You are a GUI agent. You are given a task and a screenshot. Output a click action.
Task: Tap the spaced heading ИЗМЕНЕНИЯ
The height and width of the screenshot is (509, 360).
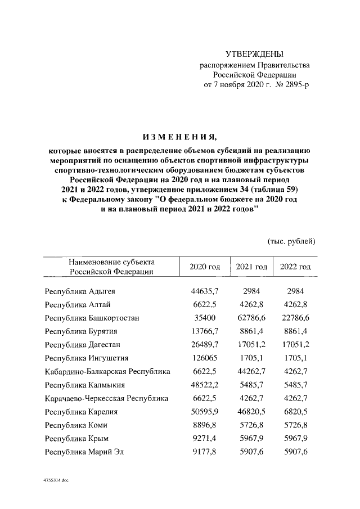tap(179, 137)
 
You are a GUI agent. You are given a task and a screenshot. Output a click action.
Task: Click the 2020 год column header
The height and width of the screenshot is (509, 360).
tap(205, 267)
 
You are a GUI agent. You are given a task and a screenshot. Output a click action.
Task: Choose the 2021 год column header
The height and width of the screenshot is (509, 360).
tap(251, 267)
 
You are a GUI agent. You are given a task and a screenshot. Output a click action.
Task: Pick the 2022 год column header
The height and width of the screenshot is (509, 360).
tap(295, 267)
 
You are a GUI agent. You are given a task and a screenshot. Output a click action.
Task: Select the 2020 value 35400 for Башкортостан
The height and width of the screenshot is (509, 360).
tap(205, 318)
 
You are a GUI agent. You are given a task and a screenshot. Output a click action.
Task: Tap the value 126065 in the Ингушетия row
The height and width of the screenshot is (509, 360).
tap(205, 357)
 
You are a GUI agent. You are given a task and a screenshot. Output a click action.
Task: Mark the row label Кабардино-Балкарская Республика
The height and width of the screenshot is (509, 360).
tap(107, 371)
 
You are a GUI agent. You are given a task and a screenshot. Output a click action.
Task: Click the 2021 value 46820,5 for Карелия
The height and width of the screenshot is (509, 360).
tap(251, 412)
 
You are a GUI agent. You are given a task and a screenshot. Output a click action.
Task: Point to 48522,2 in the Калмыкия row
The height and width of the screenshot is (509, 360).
tap(205, 385)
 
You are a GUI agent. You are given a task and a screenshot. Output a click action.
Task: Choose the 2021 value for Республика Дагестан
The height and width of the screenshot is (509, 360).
tap(251, 344)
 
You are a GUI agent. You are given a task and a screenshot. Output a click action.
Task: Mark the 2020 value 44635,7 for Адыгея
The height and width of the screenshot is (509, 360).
tap(205, 291)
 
